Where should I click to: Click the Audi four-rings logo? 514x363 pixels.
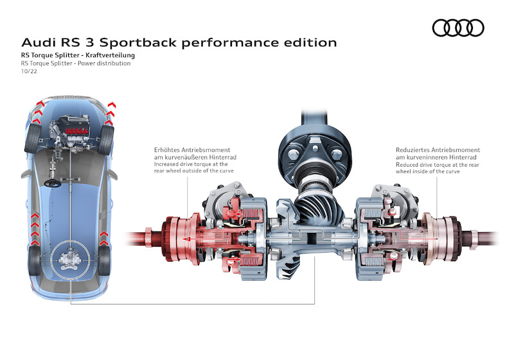coord(458,28)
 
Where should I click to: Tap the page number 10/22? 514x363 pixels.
coord(29,72)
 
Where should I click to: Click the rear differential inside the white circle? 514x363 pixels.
coord(68,260)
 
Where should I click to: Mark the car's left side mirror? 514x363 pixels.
coord(23,173)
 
